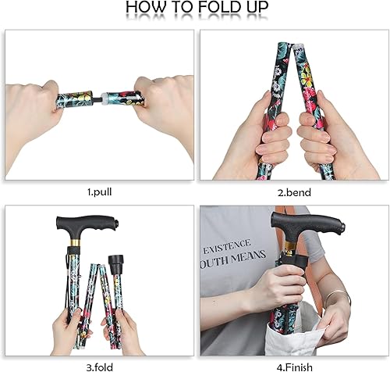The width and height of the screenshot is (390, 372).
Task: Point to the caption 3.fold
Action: point(99,363)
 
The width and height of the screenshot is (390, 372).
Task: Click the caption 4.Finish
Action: point(290,363)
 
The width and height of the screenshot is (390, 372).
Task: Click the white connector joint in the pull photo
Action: point(103,100)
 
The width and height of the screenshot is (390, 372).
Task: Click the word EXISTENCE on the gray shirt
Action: point(229,246)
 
